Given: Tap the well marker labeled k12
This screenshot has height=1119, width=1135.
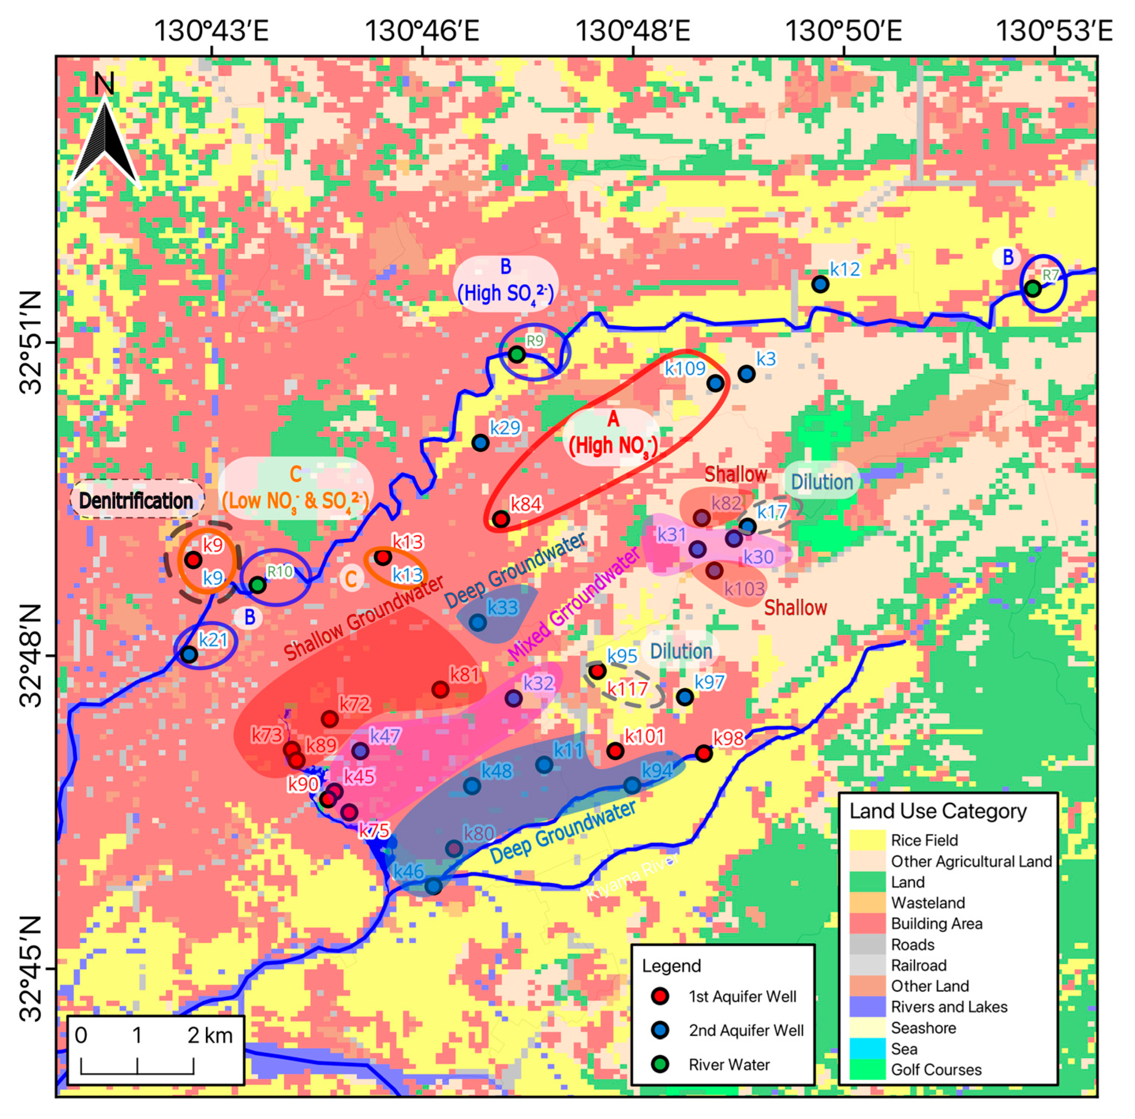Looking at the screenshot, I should click(x=820, y=284).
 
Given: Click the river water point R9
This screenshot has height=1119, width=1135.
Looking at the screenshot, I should click(x=516, y=354).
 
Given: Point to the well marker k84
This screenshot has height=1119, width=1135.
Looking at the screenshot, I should click(x=501, y=519).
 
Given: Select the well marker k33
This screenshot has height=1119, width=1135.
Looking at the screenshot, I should click(x=478, y=622).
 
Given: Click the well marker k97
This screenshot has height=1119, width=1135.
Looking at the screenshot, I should click(x=684, y=698).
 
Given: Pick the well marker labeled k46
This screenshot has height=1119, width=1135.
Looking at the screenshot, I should click(x=433, y=887).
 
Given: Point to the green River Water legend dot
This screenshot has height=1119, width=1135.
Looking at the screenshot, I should click(x=660, y=1064).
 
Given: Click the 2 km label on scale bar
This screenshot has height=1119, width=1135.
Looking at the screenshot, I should click(x=210, y=1036).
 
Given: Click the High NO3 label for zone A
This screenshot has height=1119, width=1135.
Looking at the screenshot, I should click(x=613, y=446).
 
